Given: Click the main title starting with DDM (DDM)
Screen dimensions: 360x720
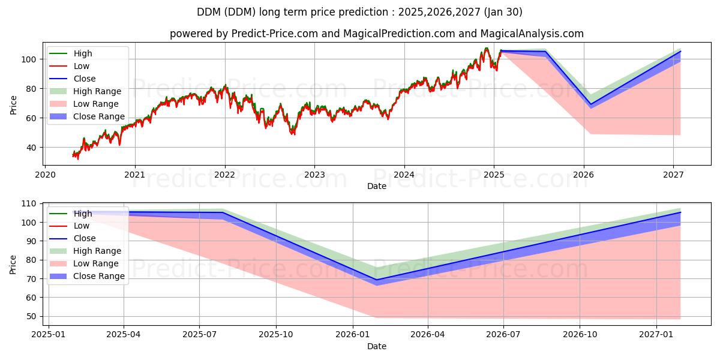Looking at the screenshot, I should tap(359, 12).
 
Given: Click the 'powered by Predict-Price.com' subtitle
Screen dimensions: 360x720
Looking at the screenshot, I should tap(376, 34).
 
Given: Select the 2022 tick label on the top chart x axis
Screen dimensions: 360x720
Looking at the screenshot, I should tap(225, 175).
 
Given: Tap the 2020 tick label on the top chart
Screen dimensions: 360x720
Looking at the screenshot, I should tap(45, 175).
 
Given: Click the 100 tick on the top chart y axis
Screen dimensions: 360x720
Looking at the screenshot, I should tap(31, 59).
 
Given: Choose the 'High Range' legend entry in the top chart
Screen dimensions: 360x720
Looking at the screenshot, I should tap(97, 91).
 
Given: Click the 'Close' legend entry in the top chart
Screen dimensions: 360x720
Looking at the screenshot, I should tap(84, 79).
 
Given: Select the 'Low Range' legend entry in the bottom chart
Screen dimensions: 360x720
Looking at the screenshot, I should tap(96, 263).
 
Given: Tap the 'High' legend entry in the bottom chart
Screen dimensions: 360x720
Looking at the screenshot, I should tap(83, 214).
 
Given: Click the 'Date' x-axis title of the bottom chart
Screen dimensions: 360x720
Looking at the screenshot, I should tap(376, 346).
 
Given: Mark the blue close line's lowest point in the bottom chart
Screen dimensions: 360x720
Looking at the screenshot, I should tap(376, 280).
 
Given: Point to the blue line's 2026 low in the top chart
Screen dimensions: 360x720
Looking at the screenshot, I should tap(590, 104).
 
